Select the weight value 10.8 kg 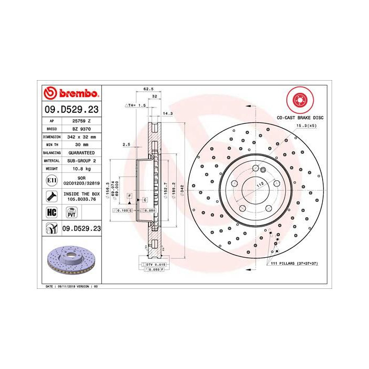(x=82, y=168)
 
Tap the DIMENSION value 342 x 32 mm (x=82, y=136)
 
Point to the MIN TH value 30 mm (x=82, y=144)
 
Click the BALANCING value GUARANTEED (x=82, y=152)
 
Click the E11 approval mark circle (x=52, y=181)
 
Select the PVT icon (x=71, y=212)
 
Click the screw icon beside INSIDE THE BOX (x=52, y=197)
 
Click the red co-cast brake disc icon (x=299, y=100)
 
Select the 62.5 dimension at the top (x=148, y=89)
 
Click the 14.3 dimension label (x=167, y=113)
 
